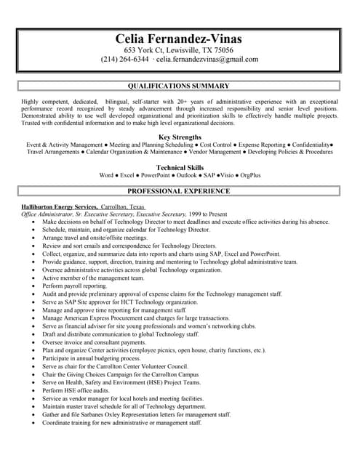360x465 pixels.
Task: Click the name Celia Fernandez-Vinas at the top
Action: [x=179, y=39]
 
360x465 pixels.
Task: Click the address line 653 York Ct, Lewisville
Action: [x=179, y=49]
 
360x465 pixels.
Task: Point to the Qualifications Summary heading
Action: [x=179, y=86]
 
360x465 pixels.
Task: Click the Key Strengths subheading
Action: [x=179, y=137]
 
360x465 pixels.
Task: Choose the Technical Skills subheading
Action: [x=179, y=167]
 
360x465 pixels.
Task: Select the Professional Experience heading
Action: [x=179, y=191]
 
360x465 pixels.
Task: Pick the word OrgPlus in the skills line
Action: [x=249, y=176]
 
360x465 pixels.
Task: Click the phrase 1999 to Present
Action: [x=207, y=214]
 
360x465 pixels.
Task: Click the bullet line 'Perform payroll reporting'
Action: [x=75, y=286]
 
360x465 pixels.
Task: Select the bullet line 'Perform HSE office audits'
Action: [x=75, y=390]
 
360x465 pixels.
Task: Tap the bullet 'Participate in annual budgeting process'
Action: [x=92, y=358]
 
